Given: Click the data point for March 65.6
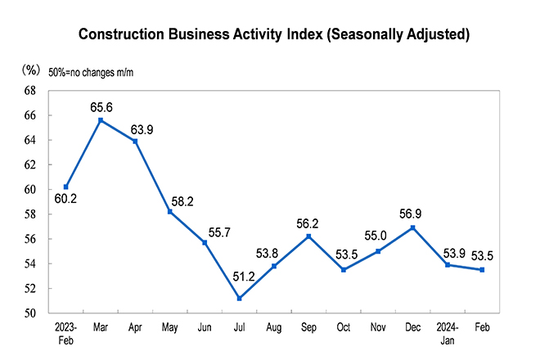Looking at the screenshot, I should tap(101, 120).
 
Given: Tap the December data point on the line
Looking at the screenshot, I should tap(413, 227).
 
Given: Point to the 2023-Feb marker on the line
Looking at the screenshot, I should tap(65, 187).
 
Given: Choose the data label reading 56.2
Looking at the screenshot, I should tap(308, 223).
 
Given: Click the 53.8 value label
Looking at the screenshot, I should tap(274, 252).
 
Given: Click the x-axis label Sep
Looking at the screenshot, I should tap(309, 327).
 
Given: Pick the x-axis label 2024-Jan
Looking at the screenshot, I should tap(448, 333).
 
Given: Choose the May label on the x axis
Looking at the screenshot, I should tap(170, 327).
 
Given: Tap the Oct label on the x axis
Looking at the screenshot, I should tap(344, 327).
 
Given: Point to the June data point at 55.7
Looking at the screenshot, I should tap(205, 242).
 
